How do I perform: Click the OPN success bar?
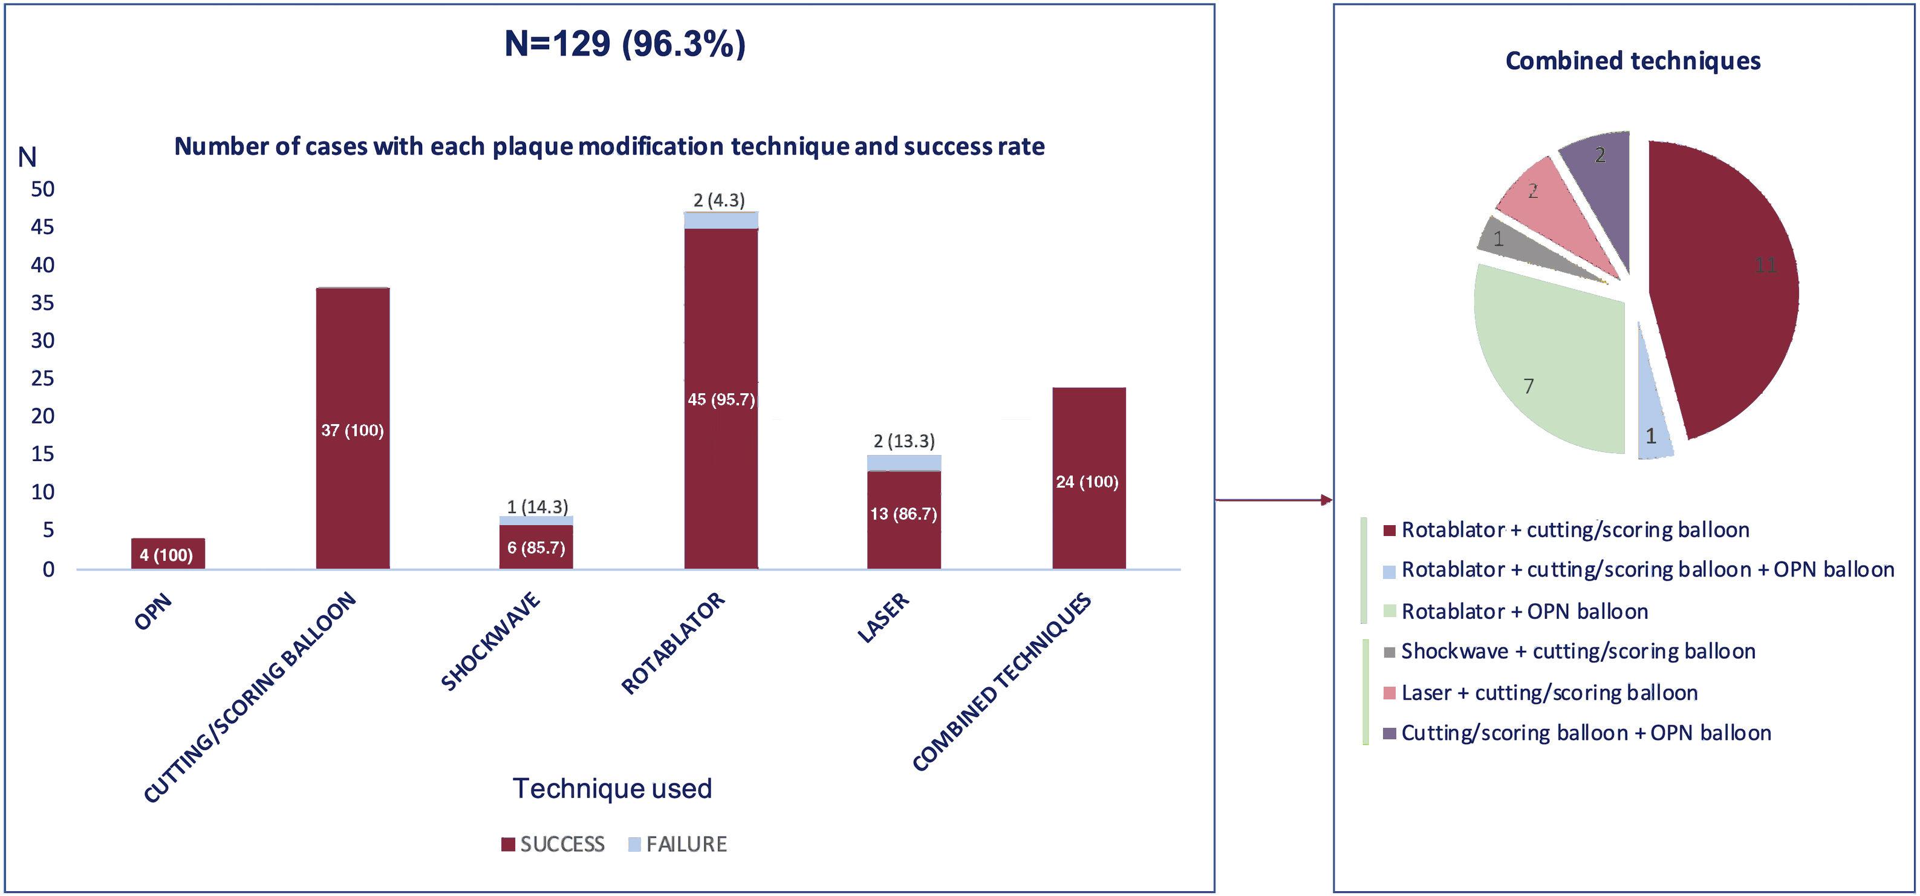168,553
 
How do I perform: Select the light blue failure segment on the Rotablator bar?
721,220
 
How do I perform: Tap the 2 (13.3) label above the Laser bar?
904,440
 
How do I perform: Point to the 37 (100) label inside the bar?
353,430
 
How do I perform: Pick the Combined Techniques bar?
1088,477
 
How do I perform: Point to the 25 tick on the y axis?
42,379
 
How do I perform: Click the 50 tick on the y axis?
42,189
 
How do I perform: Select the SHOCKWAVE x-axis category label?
490,642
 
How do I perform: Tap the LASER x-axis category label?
884,618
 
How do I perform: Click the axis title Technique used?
612,788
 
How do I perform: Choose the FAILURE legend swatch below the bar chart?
634,845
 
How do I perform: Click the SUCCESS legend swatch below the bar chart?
509,845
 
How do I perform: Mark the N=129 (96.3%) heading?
625,44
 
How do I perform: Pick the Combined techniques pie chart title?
1632,60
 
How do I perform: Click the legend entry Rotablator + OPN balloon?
1525,611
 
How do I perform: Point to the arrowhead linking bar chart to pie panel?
1326,500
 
